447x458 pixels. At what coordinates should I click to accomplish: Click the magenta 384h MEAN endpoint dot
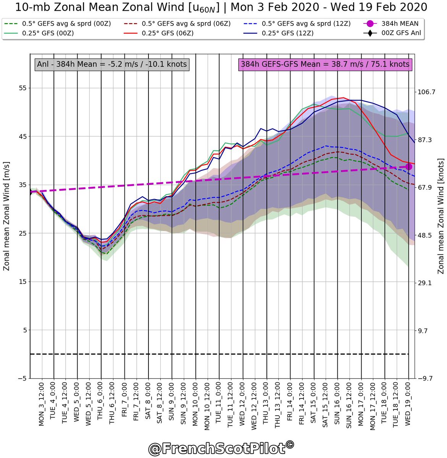click(x=408, y=166)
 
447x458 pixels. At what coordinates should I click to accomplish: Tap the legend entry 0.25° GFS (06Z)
click(x=167, y=33)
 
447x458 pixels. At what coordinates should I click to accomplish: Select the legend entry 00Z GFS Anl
click(x=401, y=33)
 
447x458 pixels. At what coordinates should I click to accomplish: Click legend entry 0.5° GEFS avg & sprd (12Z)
click(x=306, y=24)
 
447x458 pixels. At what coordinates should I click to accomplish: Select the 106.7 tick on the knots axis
click(x=426, y=92)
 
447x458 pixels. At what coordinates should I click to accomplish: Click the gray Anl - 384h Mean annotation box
click(x=112, y=64)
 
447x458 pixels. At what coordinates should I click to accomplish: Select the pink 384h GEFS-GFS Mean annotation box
click(x=325, y=64)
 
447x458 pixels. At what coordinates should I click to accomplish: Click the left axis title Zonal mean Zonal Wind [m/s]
click(x=6, y=216)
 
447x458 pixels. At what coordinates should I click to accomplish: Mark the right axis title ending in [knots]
click(x=441, y=216)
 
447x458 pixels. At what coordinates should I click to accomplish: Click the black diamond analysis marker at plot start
click(x=30, y=192)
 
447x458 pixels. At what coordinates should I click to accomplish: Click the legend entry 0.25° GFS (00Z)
click(x=48, y=33)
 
